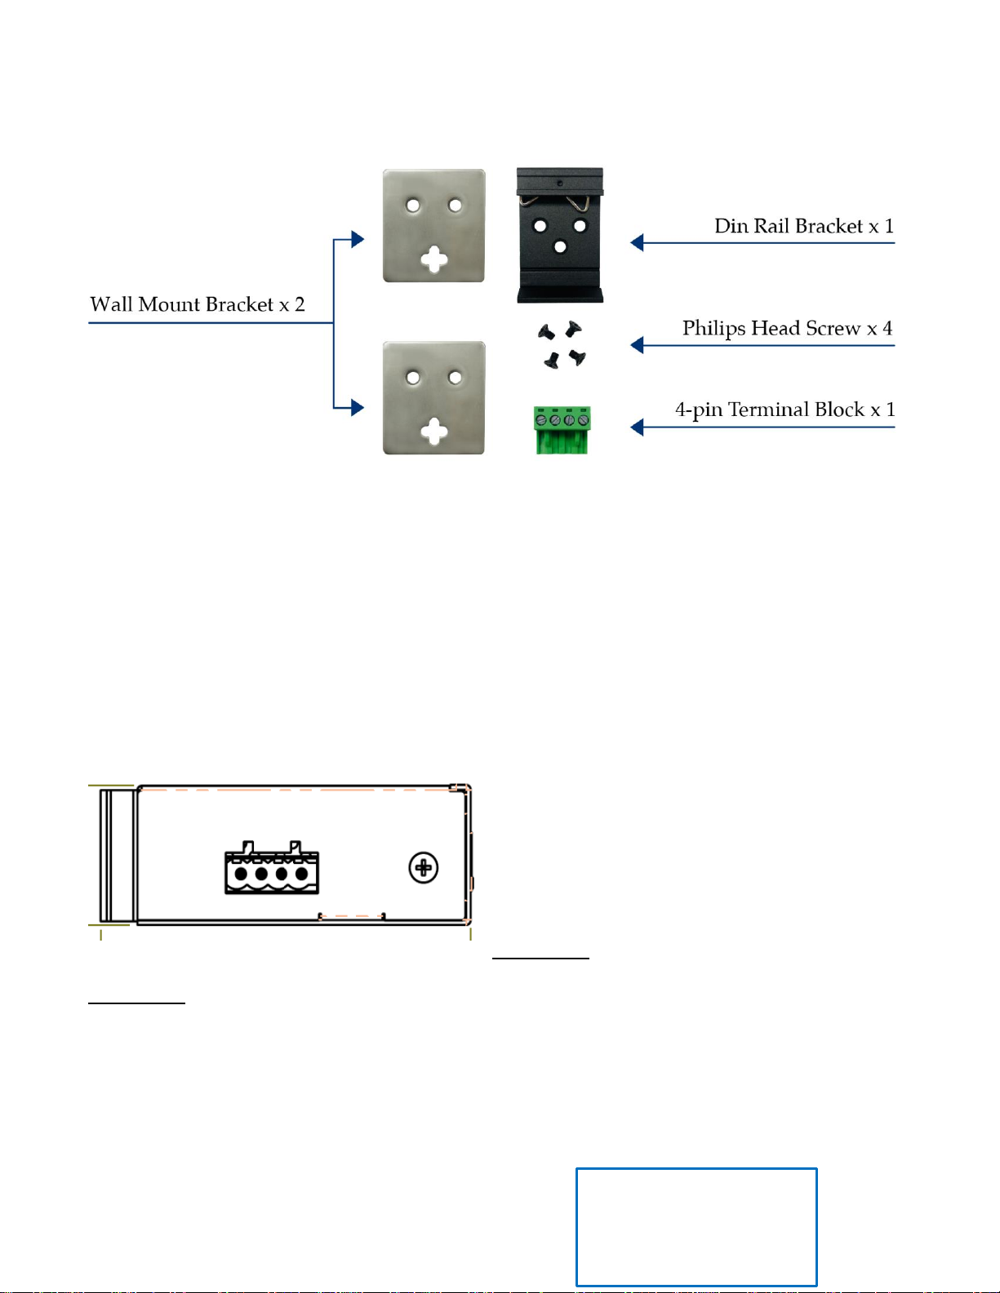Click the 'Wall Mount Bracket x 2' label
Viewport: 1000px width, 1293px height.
tap(197, 304)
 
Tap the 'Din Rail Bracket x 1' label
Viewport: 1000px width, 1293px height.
tap(804, 226)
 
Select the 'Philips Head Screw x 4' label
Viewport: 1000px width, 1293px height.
tap(787, 329)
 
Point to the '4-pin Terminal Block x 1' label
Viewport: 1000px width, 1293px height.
tap(784, 410)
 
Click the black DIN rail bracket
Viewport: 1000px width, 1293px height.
tap(559, 235)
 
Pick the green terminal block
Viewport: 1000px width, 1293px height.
tap(562, 430)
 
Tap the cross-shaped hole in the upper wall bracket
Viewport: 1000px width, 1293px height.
tap(434, 259)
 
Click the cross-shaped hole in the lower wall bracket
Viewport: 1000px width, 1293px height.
tap(434, 432)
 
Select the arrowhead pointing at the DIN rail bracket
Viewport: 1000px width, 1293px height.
tap(637, 243)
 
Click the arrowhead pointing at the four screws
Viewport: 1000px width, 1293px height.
tap(637, 345)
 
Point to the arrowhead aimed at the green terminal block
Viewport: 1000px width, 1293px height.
tap(637, 427)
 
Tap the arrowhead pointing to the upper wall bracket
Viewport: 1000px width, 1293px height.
tap(358, 239)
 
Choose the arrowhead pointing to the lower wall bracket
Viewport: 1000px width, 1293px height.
tap(358, 408)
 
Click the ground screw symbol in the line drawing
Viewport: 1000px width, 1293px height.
tap(423, 868)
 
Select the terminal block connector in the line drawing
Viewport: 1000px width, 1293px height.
tap(271, 867)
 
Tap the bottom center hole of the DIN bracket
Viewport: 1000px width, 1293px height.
tap(559, 246)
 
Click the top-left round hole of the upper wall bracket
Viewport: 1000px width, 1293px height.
tap(413, 206)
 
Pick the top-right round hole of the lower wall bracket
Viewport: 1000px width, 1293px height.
tap(455, 377)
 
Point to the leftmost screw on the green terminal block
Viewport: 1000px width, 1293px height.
tap(540, 421)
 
